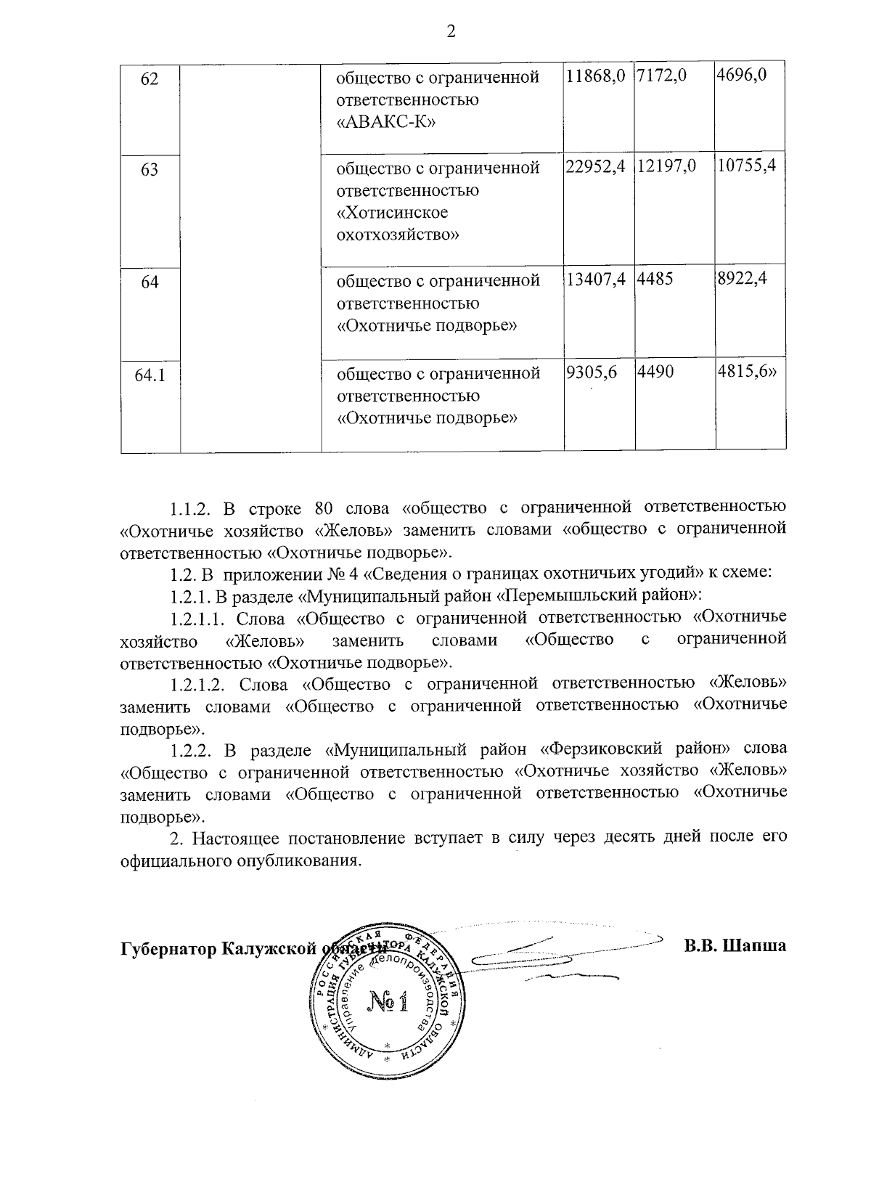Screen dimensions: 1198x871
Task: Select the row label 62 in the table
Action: (x=150, y=78)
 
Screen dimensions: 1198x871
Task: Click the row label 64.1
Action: (x=150, y=375)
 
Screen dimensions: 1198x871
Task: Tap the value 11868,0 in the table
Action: (x=595, y=76)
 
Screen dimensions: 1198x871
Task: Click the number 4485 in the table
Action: (x=655, y=279)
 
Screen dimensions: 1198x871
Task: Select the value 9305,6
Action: (x=592, y=372)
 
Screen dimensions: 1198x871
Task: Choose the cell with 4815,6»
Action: (x=748, y=372)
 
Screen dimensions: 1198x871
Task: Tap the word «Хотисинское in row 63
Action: (x=393, y=213)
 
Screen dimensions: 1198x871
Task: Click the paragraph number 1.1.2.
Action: (x=189, y=506)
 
